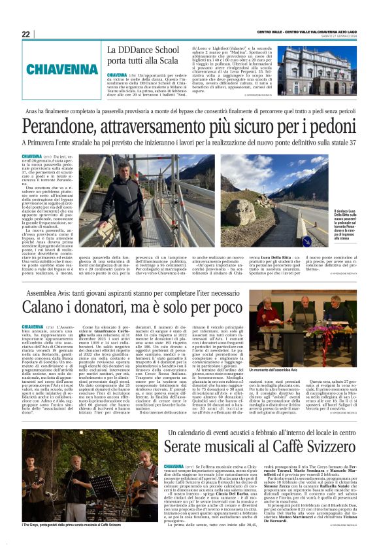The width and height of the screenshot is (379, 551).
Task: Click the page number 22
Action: click(25, 34)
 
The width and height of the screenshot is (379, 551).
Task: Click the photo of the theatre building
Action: click(313, 71)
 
